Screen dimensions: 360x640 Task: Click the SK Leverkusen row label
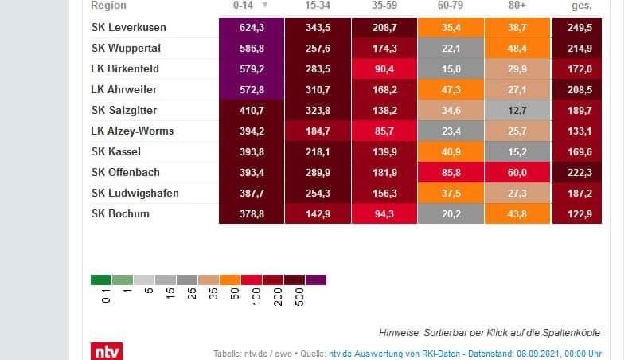(x=128, y=28)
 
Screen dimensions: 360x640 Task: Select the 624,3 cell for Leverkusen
(x=251, y=28)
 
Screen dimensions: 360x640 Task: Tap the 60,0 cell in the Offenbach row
(x=517, y=172)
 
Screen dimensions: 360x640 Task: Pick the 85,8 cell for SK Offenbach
(x=451, y=172)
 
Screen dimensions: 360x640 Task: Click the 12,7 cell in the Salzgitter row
(x=517, y=111)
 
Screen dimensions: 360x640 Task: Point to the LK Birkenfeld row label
(x=126, y=69)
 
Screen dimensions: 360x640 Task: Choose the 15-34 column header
(x=318, y=5)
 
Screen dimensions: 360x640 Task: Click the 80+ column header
(x=517, y=5)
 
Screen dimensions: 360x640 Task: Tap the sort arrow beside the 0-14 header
(x=265, y=6)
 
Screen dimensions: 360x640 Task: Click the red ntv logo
(x=106, y=350)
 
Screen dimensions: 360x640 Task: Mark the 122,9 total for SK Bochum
(x=577, y=213)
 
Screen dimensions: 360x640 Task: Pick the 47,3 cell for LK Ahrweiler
(x=451, y=90)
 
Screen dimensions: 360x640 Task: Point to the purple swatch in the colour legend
(x=315, y=280)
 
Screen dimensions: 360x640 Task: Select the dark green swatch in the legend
(x=101, y=280)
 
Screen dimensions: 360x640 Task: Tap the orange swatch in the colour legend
(x=230, y=280)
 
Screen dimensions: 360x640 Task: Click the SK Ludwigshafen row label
(x=135, y=193)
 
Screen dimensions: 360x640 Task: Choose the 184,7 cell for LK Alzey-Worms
(x=318, y=131)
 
